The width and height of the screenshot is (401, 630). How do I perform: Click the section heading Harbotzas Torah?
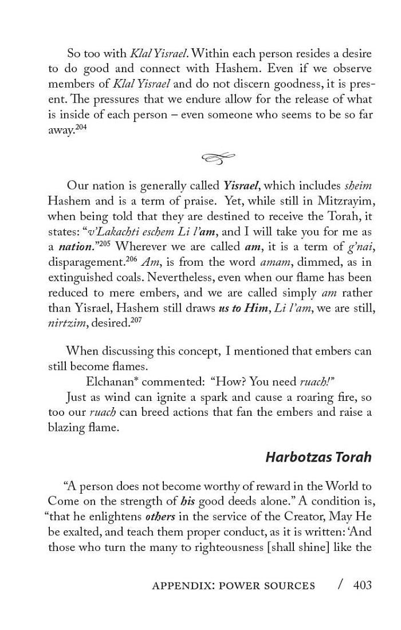(319, 457)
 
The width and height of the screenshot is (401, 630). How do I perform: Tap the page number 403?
(363, 585)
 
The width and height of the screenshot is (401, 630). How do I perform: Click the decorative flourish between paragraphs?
(219, 157)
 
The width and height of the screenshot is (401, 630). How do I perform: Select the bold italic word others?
(160, 517)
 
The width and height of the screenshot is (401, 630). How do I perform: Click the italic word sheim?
(358, 186)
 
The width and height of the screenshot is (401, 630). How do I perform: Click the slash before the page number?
(341, 585)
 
